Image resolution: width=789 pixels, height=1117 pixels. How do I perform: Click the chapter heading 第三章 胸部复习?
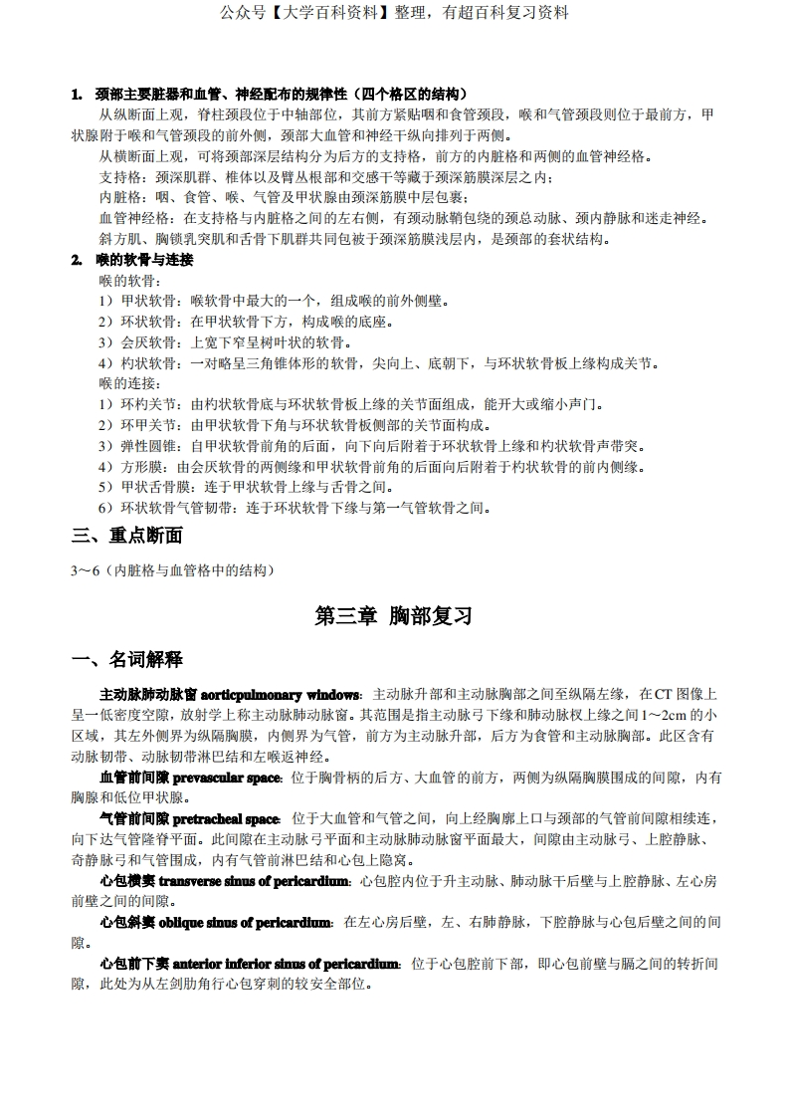pyautogui.click(x=393, y=616)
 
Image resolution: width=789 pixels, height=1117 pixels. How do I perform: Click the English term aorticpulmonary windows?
pyautogui.click(x=284, y=693)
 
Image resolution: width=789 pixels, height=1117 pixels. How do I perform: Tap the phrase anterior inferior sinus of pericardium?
pyautogui.click(x=287, y=964)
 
